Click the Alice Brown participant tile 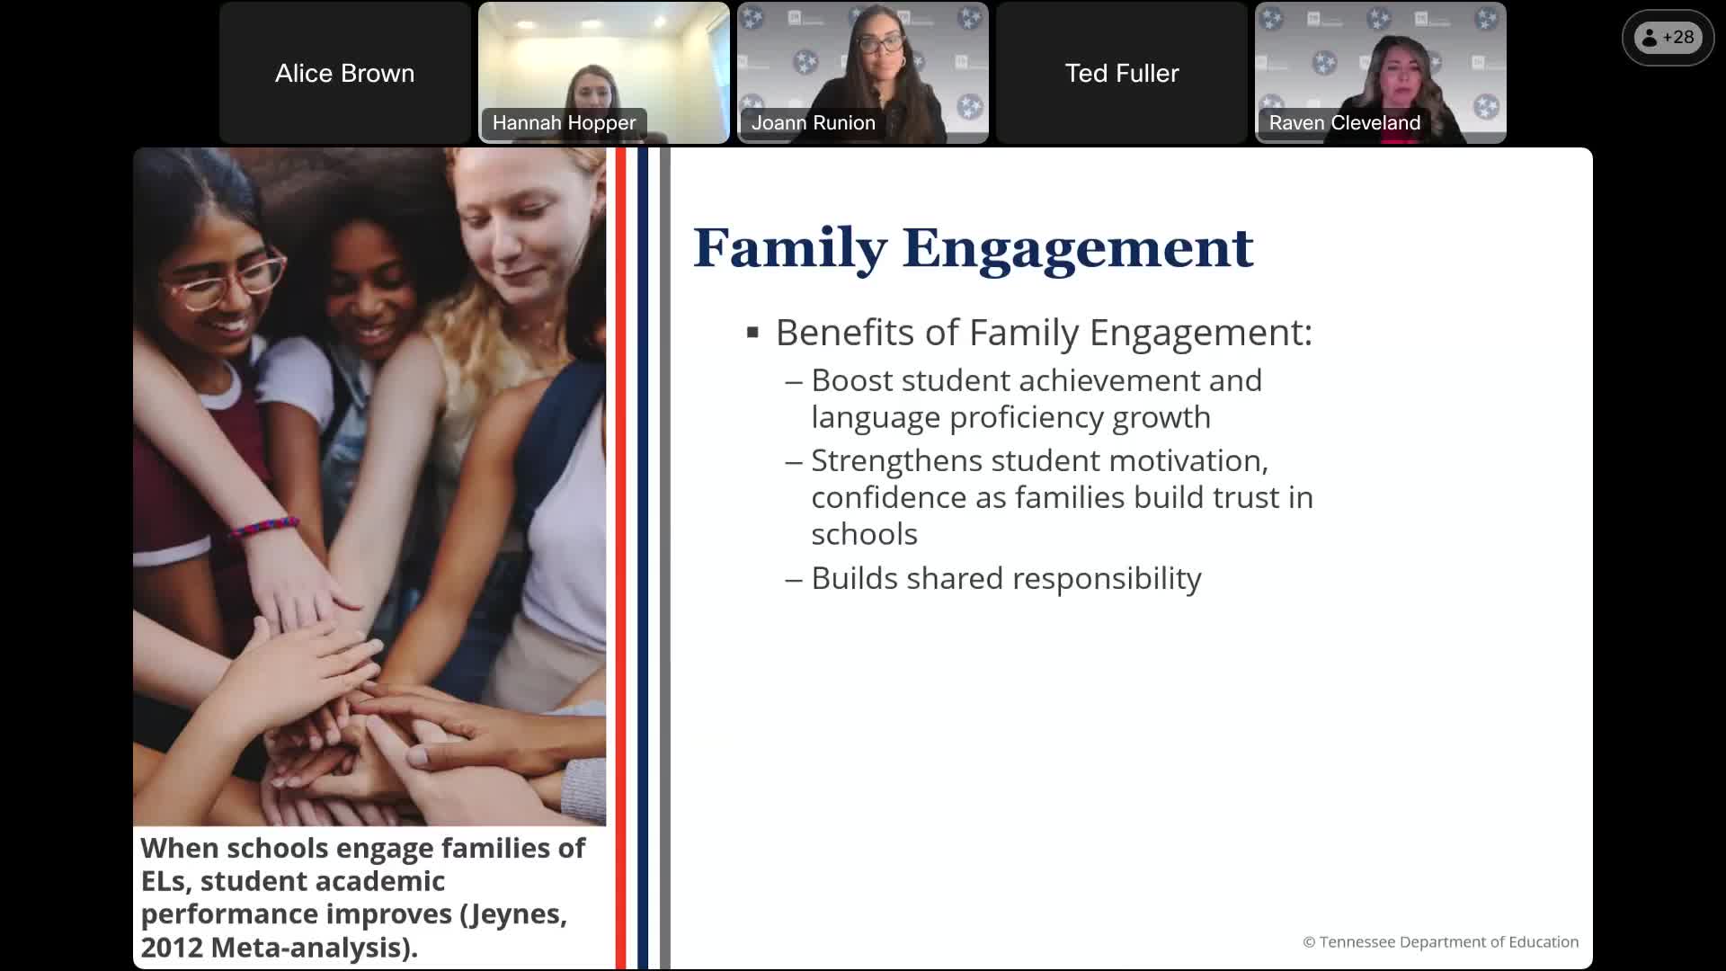coord(345,73)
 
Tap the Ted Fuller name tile coord(1121,73)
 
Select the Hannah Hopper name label coord(564,123)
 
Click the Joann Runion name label coord(813,123)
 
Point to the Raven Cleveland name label coord(1344,123)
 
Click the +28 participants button coord(1668,38)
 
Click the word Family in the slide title coord(789,248)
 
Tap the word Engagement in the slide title coord(1077,248)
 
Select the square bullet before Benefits coord(753,334)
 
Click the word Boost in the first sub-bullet coord(851,380)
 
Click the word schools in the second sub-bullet coord(864,535)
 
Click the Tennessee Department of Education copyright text coord(1440,942)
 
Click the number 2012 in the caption coord(171,948)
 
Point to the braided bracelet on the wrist coord(264,527)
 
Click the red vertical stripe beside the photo coord(620,557)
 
